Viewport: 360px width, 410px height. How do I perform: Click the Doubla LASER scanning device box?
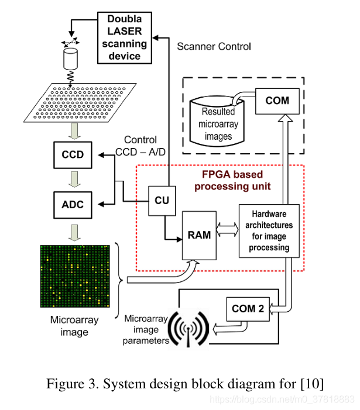tap(124, 37)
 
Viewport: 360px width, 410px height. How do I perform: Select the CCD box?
tap(73, 155)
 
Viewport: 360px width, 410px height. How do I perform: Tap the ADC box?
tap(73, 204)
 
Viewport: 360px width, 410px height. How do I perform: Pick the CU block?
tap(162, 200)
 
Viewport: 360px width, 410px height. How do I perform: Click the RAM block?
tap(199, 236)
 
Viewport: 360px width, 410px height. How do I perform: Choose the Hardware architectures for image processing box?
tap(269, 231)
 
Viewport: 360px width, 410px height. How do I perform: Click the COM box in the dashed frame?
tap(277, 100)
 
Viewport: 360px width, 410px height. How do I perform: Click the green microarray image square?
tap(74, 275)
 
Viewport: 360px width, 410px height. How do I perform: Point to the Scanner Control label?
tap(214, 46)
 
